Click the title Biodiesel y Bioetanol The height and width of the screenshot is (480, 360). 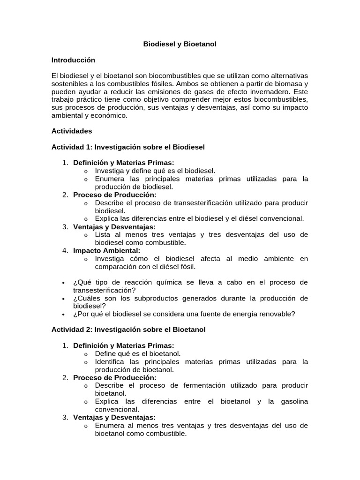coord(180,44)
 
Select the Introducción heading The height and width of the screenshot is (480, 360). coord(73,60)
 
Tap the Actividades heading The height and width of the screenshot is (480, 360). coord(72,131)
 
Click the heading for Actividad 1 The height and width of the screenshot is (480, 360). coord(128,147)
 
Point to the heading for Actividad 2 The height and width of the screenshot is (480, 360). coord(128,330)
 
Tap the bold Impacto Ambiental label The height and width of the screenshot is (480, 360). coord(103,250)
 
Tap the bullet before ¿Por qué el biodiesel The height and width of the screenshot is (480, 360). coord(63,314)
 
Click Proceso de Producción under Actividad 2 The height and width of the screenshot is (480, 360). coord(114,377)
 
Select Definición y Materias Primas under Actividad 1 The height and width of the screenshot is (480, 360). coord(123,163)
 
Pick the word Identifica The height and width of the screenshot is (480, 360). coord(111,361)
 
